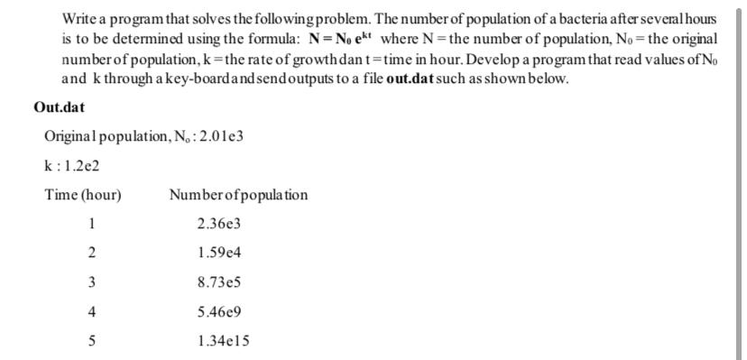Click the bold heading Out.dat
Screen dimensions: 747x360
point(59,107)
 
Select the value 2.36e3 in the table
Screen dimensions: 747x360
point(219,223)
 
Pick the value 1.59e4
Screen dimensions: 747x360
point(219,253)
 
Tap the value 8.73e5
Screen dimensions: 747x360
point(219,282)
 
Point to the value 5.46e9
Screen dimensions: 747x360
point(219,312)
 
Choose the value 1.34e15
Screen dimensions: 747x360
point(223,341)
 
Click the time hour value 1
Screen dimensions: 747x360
point(91,223)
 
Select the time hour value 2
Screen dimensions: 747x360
point(91,253)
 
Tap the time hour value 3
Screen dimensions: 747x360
point(91,282)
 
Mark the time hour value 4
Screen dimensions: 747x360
point(91,312)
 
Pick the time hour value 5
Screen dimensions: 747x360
point(91,341)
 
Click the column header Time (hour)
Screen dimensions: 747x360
point(83,195)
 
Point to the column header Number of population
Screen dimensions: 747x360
point(238,195)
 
